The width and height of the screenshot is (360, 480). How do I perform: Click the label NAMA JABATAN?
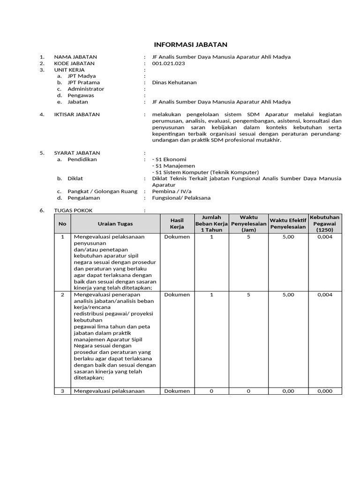click(x=75, y=57)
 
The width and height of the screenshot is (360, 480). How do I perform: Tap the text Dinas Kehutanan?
click(x=174, y=82)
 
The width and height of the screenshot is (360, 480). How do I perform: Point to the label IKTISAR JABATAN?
click(x=77, y=114)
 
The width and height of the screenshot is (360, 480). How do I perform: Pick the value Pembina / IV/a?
click(x=172, y=191)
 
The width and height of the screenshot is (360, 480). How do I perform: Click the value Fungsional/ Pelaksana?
click(x=181, y=198)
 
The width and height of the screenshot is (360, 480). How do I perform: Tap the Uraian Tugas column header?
click(x=115, y=224)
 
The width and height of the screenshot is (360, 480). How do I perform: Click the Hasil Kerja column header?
click(x=177, y=224)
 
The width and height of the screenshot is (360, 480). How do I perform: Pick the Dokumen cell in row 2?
click(x=177, y=295)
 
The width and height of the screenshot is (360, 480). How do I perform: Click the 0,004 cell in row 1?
click(x=324, y=237)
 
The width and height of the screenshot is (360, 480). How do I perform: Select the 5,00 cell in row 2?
click(x=288, y=295)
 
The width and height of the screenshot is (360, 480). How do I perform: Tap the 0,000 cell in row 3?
click(x=324, y=391)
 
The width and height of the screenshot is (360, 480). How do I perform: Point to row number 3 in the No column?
click(x=62, y=391)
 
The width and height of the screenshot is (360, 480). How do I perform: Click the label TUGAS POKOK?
click(x=76, y=210)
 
